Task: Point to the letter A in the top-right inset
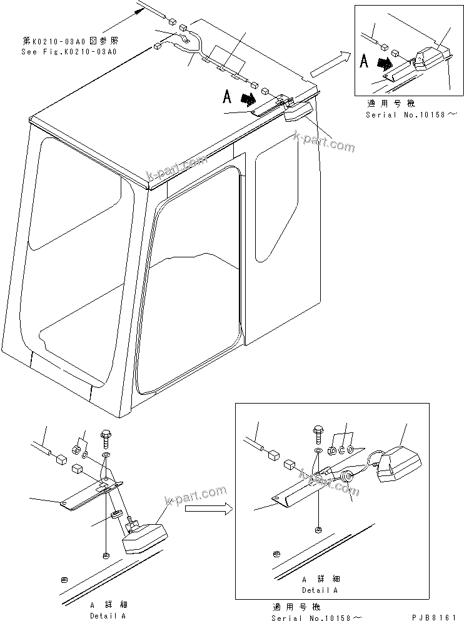click(x=364, y=62)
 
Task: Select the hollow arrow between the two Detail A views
click(x=208, y=509)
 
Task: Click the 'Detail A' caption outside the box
click(x=108, y=615)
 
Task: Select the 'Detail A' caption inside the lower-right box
click(x=320, y=590)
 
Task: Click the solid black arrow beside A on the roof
click(x=249, y=98)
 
